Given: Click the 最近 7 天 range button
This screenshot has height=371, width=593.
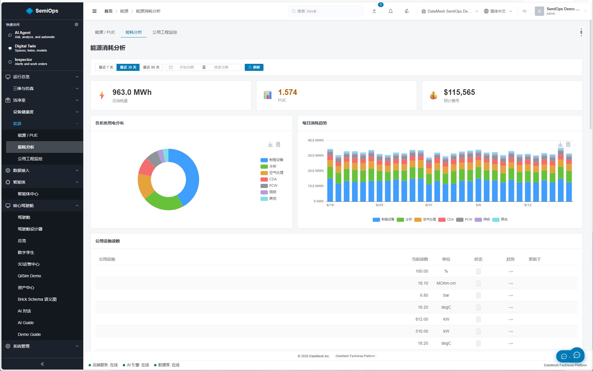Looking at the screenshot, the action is (x=106, y=67).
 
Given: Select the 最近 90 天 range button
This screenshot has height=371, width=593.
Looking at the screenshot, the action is (x=151, y=67).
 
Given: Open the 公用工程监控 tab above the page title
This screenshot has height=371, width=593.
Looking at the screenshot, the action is (x=165, y=32).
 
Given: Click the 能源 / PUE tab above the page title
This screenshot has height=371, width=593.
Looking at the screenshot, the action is (x=105, y=32).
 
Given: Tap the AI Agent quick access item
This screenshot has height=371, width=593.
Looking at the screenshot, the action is (x=35, y=35).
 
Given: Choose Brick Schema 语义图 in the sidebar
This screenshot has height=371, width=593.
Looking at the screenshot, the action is (x=37, y=299).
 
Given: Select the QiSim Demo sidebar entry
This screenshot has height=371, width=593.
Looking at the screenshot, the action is (x=29, y=276).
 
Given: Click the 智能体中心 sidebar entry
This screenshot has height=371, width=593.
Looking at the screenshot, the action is (x=28, y=194).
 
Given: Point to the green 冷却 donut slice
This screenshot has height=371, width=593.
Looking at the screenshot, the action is (x=164, y=203).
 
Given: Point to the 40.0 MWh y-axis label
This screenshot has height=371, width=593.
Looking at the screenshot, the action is (x=316, y=140).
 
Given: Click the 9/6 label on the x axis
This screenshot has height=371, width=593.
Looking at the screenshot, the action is (x=478, y=205).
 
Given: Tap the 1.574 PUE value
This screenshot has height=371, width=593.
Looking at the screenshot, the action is (x=287, y=92).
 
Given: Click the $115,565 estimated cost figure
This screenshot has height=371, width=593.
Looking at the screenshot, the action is (x=459, y=92).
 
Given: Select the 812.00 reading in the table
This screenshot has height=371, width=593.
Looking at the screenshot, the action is (x=422, y=319).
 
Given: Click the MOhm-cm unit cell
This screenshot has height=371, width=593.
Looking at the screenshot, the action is (x=446, y=283).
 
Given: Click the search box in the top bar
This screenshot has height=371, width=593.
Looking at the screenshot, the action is (x=326, y=11).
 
